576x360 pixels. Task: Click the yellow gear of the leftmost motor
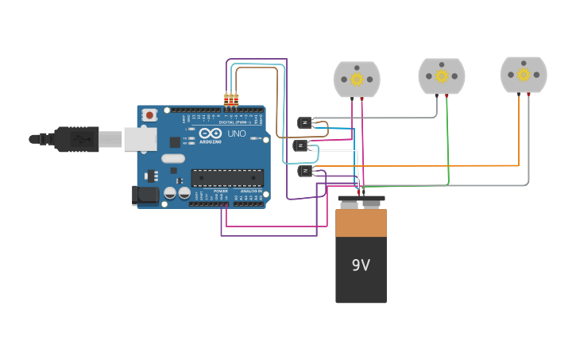click(357, 79)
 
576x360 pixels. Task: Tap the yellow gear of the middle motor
click(442, 75)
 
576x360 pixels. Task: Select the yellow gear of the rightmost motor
click(524, 75)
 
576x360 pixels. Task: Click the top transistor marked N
click(304, 122)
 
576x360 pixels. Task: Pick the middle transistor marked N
click(300, 145)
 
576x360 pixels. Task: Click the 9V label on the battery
click(361, 265)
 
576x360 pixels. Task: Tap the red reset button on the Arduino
click(149, 115)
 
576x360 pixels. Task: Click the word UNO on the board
click(237, 134)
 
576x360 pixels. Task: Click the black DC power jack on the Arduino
click(145, 194)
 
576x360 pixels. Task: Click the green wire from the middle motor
click(447, 143)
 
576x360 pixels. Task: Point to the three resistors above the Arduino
click(231, 100)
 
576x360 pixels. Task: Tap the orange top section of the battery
click(361, 223)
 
